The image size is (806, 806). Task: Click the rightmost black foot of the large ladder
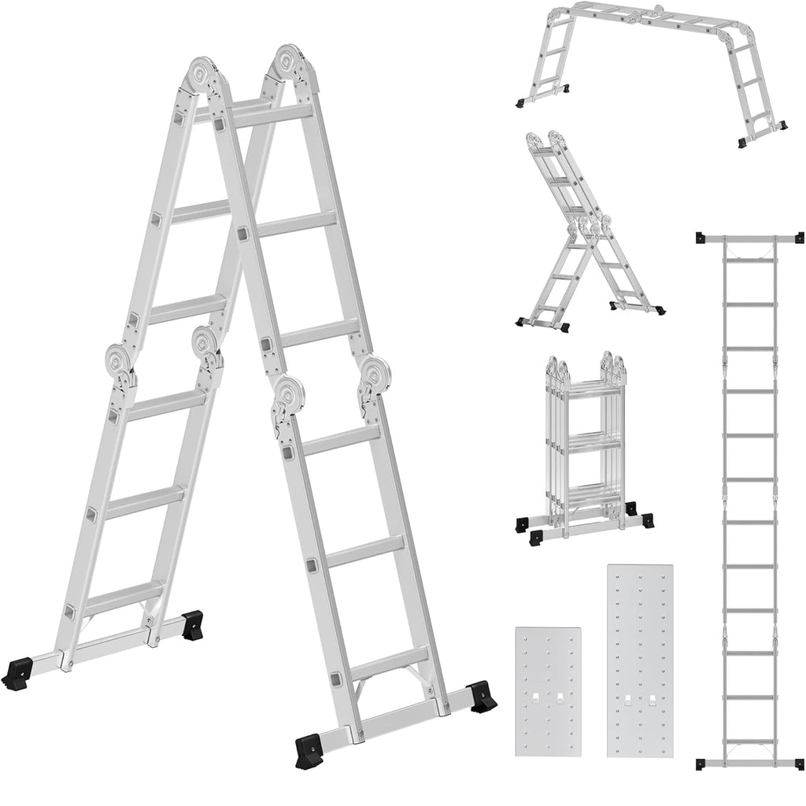pyautogui.click(x=482, y=696)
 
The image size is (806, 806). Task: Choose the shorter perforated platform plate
pyautogui.click(x=548, y=691)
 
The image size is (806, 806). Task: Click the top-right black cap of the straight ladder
pyautogui.click(x=798, y=237)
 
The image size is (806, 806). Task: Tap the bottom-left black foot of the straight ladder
pyautogui.click(x=701, y=763)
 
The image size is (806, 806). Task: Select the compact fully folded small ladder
pyautogui.click(x=584, y=449)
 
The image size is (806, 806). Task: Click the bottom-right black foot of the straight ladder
pyautogui.click(x=798, y=763)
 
